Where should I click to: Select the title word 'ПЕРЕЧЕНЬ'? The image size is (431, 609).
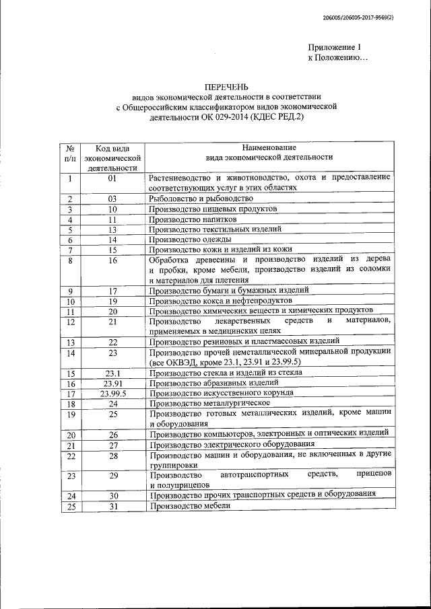coord(226,87)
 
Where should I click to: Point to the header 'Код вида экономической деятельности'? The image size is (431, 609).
coord(112,157)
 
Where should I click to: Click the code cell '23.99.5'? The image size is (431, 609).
coord(112,393)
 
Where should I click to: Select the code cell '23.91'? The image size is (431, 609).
coord(112,383)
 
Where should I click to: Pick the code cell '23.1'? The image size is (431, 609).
coord(112,373)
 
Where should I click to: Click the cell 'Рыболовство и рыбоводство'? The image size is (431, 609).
coord(201,199)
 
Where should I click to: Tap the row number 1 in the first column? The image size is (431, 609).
coord(69,178)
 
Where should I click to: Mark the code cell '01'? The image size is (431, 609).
coord(112,178)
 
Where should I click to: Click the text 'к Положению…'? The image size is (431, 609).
coord(337,59)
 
